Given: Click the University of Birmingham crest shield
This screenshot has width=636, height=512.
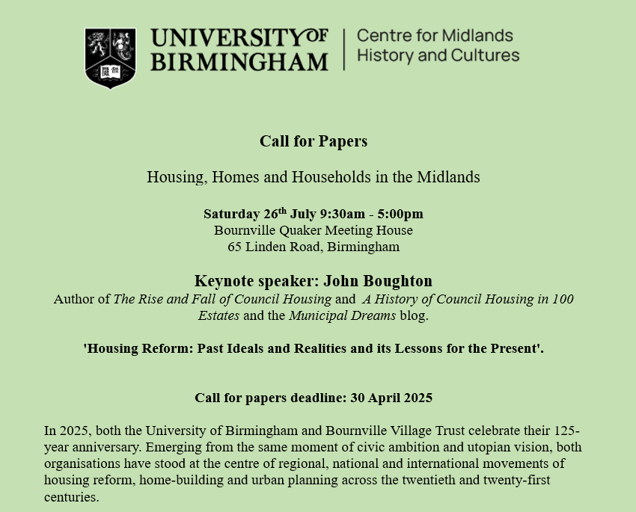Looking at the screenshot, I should point(110,58).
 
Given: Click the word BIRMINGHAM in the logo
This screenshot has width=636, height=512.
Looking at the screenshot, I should point(239,61).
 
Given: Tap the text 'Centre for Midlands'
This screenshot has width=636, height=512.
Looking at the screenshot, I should point(435,35).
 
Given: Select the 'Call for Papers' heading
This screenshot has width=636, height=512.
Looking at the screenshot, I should point(314,141).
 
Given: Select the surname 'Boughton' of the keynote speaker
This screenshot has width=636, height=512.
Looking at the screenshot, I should point(397,281).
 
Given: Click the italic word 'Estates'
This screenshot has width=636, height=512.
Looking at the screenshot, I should point(218,315).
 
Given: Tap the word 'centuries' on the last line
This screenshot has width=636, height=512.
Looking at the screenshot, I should point(71,496).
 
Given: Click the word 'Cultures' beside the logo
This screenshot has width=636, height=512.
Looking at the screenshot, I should point(490,55).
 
